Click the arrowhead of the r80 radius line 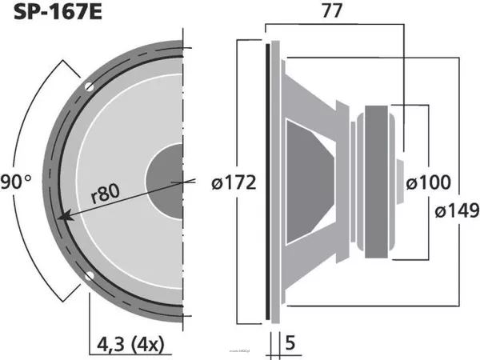[x=63, y=214]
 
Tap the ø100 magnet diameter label [x=427, y=183]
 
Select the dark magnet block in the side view [x=378, y=182]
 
